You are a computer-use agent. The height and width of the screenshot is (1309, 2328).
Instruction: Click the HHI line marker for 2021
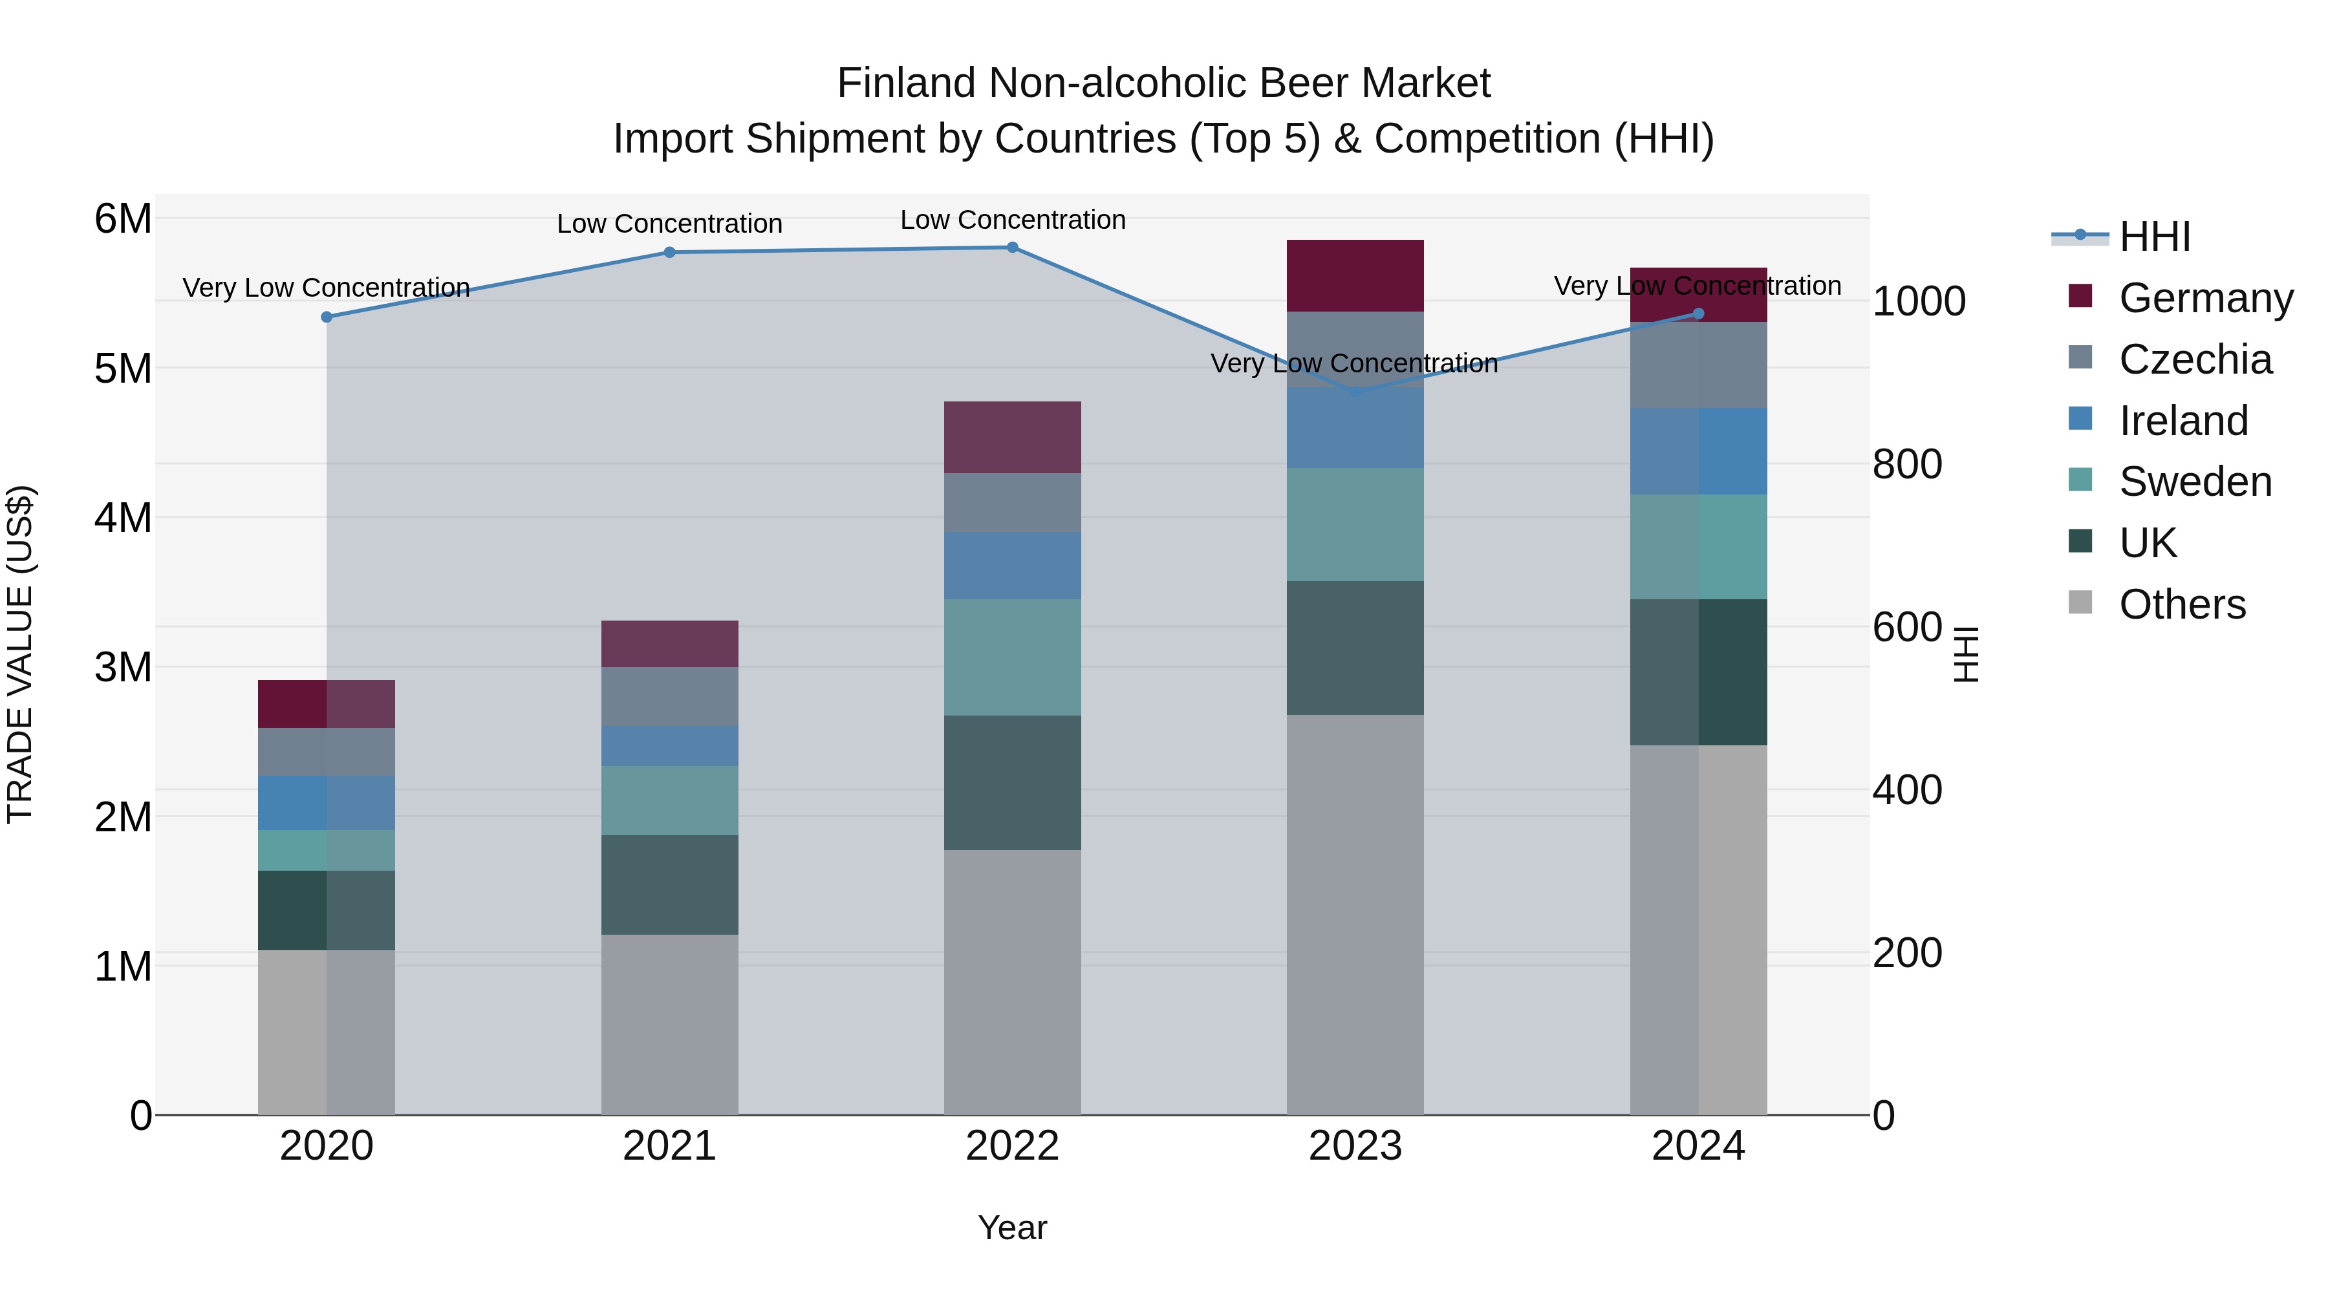670,252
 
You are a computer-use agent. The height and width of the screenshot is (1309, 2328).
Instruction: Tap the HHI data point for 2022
1012,247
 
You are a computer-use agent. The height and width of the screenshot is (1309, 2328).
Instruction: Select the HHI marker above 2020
327,317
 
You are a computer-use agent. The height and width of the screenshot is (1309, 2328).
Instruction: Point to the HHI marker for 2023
1355,392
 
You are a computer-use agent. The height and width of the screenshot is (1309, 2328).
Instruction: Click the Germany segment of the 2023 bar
1355,275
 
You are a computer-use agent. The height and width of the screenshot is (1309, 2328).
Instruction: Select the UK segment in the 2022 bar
1012,782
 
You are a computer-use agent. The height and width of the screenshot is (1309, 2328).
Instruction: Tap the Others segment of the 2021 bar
670,1025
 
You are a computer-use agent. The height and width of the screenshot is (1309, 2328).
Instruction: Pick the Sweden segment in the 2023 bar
1355,524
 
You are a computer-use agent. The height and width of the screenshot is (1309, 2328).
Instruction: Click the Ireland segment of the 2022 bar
1012,566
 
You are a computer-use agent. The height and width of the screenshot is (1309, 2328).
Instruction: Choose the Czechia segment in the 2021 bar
670,696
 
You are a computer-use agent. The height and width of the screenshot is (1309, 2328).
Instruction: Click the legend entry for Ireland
2182,421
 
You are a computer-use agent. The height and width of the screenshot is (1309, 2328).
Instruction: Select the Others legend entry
2182,604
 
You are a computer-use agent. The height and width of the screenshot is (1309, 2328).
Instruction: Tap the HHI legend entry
2155,237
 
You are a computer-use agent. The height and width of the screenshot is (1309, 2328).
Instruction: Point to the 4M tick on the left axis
124,518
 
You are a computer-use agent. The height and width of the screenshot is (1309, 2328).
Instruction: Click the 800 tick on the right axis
1907,464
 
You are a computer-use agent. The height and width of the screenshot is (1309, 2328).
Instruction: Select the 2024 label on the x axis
1698,1146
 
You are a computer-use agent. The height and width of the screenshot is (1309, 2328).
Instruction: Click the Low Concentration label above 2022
1012,220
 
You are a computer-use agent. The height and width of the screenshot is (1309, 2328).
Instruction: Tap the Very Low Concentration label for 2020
327,287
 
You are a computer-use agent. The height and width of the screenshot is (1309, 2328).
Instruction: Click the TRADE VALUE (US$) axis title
20,654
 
